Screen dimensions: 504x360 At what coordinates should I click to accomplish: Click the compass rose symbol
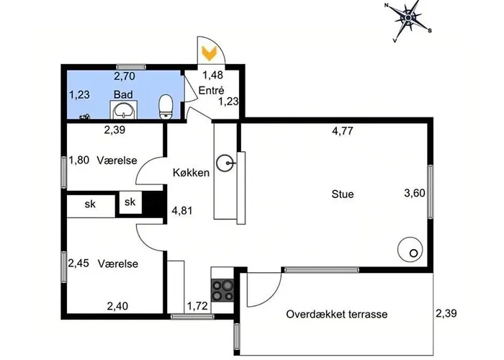point(408,18)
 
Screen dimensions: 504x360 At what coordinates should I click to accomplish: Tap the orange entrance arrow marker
point(210,53)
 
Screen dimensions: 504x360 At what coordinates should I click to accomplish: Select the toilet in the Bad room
point(166,107)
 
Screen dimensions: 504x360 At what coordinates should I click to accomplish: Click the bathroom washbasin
point(123,110)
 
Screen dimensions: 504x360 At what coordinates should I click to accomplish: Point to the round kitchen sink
point(225,163)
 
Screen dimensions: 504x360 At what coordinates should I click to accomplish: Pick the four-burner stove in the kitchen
point(222,291)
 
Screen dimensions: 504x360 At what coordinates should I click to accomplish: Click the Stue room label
point(343,194)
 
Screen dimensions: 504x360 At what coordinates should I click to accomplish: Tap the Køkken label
point(191,173)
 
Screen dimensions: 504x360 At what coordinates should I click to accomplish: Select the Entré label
point(211,90)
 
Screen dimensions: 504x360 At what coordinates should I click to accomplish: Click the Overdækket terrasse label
point(336,314)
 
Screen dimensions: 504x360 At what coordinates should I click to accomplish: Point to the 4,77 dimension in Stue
point(343,131)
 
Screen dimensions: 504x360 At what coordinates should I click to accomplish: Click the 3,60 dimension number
point(415,193)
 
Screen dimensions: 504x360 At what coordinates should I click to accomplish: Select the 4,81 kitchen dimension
point(182,211)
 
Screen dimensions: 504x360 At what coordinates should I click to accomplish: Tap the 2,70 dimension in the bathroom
point(125,76)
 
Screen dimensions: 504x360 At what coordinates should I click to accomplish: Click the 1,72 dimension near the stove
point(197,306)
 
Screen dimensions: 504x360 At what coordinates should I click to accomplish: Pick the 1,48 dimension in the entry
point(212,75)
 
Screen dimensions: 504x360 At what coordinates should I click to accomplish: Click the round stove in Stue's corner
point(410,249)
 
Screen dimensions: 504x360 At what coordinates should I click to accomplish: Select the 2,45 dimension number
point(78,264)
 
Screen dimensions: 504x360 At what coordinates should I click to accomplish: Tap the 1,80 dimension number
point(79,160)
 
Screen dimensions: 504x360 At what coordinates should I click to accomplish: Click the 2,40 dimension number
point(117,306)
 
